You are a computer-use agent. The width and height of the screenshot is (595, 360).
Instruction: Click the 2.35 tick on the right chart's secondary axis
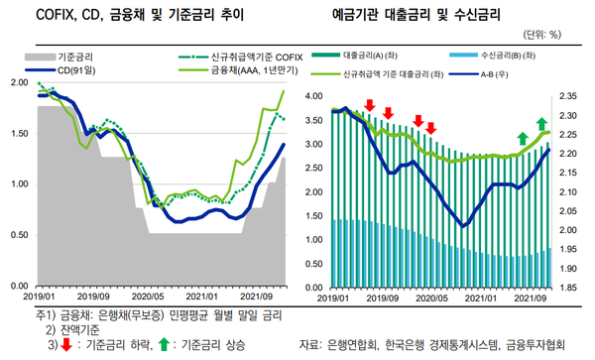coord(567,96)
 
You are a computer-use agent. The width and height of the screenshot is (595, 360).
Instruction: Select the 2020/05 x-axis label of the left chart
coord(148,297)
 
